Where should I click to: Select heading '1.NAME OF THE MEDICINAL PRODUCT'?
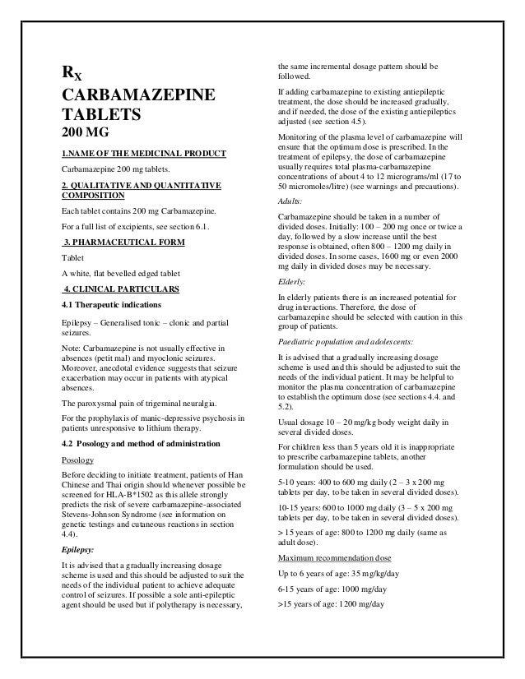(133, 154)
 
